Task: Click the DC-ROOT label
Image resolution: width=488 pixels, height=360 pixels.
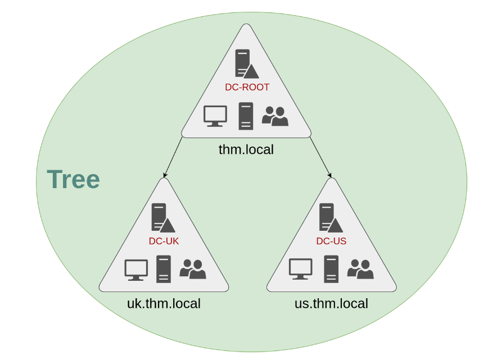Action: coord(247,87)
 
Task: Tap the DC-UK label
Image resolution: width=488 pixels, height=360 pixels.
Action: coord(164,241)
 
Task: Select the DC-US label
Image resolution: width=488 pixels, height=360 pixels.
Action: coord(331,241)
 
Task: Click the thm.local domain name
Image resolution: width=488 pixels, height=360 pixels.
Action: coord(246,150)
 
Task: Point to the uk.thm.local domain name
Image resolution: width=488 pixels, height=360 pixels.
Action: coord(164,304)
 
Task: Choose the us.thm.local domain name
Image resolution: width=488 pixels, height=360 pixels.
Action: coord(331,304)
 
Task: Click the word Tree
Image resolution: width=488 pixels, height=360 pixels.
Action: coord(73,180)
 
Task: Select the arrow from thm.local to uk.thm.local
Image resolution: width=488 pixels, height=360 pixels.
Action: coord(173,158)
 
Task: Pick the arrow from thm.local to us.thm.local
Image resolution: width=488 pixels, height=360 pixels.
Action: coord(320,158)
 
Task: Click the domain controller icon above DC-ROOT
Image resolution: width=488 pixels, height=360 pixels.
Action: coord(246,63)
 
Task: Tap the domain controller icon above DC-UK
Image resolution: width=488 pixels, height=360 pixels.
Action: coord(162,218)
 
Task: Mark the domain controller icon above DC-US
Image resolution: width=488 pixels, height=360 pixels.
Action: coord(330,218)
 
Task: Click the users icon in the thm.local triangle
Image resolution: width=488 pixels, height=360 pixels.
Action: coord(275,116)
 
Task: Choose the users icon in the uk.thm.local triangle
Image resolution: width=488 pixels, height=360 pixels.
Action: coord(193,270)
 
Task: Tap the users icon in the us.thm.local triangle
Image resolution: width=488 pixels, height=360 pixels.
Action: coord(360,269)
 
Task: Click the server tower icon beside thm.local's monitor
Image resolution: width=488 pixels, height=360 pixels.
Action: coord(246,116)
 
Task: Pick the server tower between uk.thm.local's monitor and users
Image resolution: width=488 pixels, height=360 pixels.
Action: coord(164,270)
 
